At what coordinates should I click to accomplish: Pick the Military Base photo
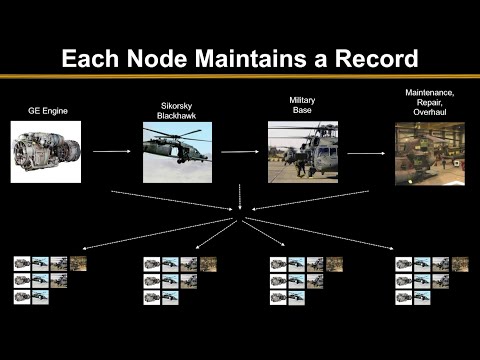coord(302,151)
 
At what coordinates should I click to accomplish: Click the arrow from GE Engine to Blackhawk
coord(113,152)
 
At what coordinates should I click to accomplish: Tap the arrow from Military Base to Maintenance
coord(366,152)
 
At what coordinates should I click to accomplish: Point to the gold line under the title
coord(240,77)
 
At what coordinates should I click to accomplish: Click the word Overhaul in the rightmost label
coord(429,113)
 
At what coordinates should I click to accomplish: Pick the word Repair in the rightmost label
coord(429,103)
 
